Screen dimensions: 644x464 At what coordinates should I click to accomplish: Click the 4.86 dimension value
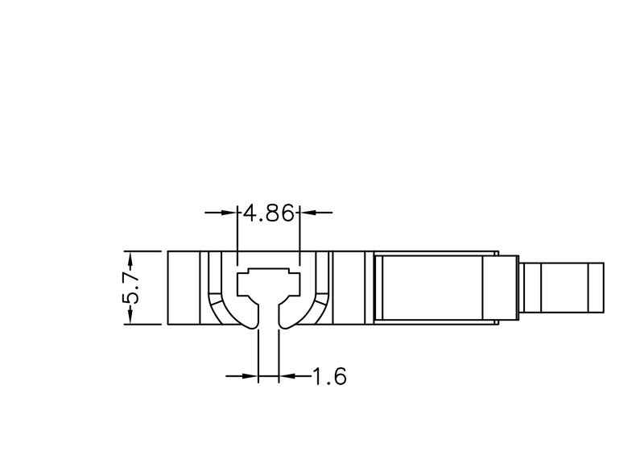[x=269, y=213]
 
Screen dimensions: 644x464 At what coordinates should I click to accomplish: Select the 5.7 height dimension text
[x=131, y=288]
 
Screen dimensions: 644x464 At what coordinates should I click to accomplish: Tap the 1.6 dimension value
[x=330, y=376]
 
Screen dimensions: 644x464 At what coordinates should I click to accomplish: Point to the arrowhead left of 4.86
[x=229, y=213]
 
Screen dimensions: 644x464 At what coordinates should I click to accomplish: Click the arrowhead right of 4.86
[x=308, y=213]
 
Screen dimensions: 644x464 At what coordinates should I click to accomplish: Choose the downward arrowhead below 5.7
[x=130, y=315]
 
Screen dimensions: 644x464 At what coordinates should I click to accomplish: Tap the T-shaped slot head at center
[x=269, y=284]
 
